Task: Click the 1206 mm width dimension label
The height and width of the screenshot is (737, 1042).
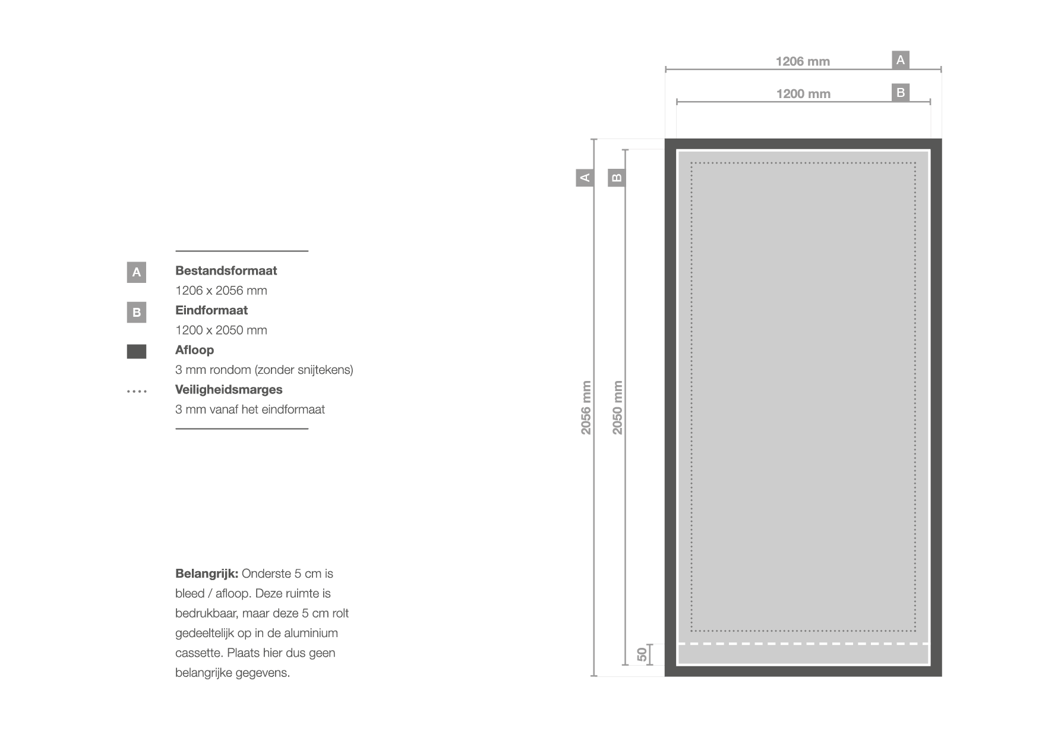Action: (803, 61)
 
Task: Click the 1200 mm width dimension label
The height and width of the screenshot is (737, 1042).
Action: (803, 94)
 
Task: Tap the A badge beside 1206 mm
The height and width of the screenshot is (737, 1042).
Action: (901, 60)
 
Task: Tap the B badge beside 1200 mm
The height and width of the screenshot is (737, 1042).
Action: (901, 93)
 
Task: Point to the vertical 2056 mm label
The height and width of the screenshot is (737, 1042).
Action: (586, 408)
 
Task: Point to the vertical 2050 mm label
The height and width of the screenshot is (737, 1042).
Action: (618, 408)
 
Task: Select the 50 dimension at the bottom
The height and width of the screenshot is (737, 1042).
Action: (642, 654)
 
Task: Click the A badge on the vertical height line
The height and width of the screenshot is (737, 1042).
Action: (585, 177)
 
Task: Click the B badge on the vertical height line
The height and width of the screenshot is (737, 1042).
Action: (617, 177)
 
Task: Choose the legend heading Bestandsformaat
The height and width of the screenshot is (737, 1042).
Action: (226, 270)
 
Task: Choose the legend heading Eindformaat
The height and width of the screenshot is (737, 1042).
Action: (211, 310)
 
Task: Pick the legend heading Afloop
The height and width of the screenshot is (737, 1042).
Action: (194, 350)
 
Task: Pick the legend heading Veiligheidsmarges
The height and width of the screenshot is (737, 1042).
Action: (229, 390)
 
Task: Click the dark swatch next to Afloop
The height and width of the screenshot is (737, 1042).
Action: (137, 351)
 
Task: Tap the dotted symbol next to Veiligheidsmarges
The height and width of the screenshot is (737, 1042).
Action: (137, 392)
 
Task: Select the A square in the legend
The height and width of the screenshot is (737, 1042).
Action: (137, 272)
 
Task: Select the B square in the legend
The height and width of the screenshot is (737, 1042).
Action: (137, 312)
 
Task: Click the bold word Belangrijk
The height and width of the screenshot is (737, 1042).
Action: (207, 574)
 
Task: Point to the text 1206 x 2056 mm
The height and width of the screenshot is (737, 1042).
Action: (221, 291)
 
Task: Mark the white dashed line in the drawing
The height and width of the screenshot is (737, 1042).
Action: (803, 644)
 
